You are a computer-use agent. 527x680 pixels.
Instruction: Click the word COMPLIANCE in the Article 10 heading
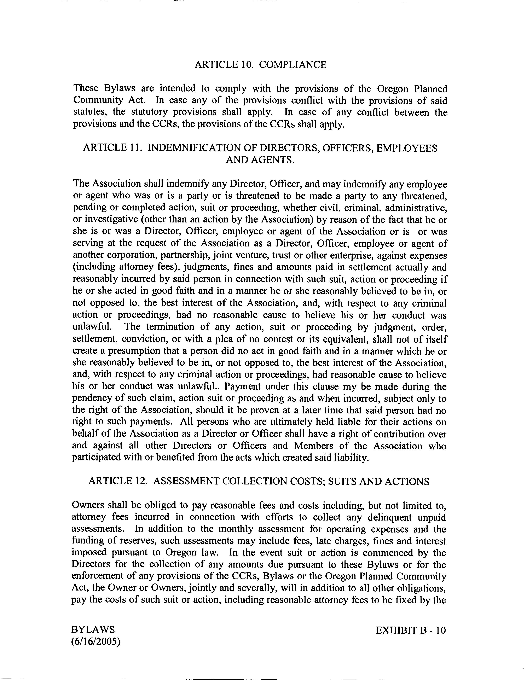(x=293, y=65)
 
